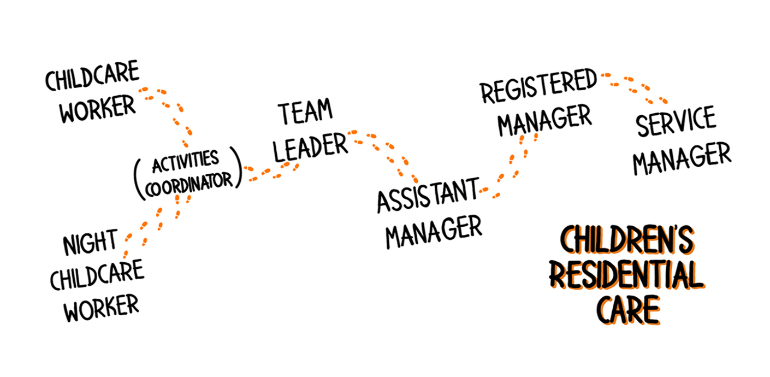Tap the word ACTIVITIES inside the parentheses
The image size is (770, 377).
click(x=186, y=161)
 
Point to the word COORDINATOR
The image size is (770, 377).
click(x=189, y=184)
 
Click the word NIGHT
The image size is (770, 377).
click(x=91, y=242)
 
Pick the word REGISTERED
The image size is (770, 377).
click(x=538, y=86)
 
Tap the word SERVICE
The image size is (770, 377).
click(x=676, y=121)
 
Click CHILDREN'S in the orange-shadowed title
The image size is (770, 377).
click(x=627, y=240)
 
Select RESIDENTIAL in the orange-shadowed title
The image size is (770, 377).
click(x=627, y=275)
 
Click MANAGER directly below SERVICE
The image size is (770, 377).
click(x=682, y=158)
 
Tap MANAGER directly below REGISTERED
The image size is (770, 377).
click(x=544, y=120)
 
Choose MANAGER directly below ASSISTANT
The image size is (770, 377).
click(x=434, y=232)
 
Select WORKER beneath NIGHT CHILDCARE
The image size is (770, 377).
click(x=102, y=308)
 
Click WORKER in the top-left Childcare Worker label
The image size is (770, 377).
click(x=98, y=109)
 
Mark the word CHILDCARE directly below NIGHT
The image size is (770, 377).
click(x=97, y=275)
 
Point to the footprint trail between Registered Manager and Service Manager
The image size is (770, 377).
click(x=634, y=88)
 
